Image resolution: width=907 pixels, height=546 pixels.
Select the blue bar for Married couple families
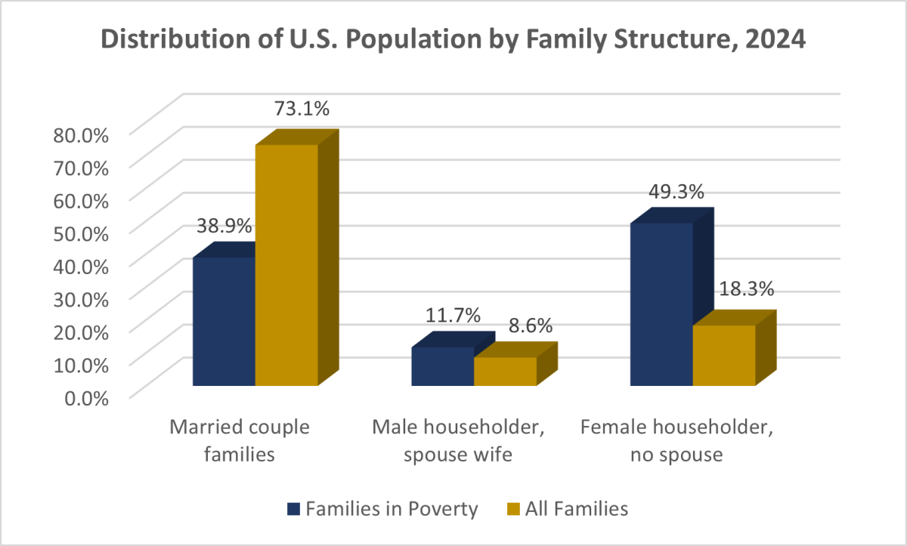224,321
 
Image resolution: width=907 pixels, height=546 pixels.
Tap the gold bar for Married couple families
286,264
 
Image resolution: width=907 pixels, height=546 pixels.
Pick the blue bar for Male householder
442,366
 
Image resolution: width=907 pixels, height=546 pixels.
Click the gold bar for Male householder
505,371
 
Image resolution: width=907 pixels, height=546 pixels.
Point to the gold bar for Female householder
724,355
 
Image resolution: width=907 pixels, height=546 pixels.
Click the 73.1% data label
300,110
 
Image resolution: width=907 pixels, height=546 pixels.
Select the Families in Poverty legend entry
382,509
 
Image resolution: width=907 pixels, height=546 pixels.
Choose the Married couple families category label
239,441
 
